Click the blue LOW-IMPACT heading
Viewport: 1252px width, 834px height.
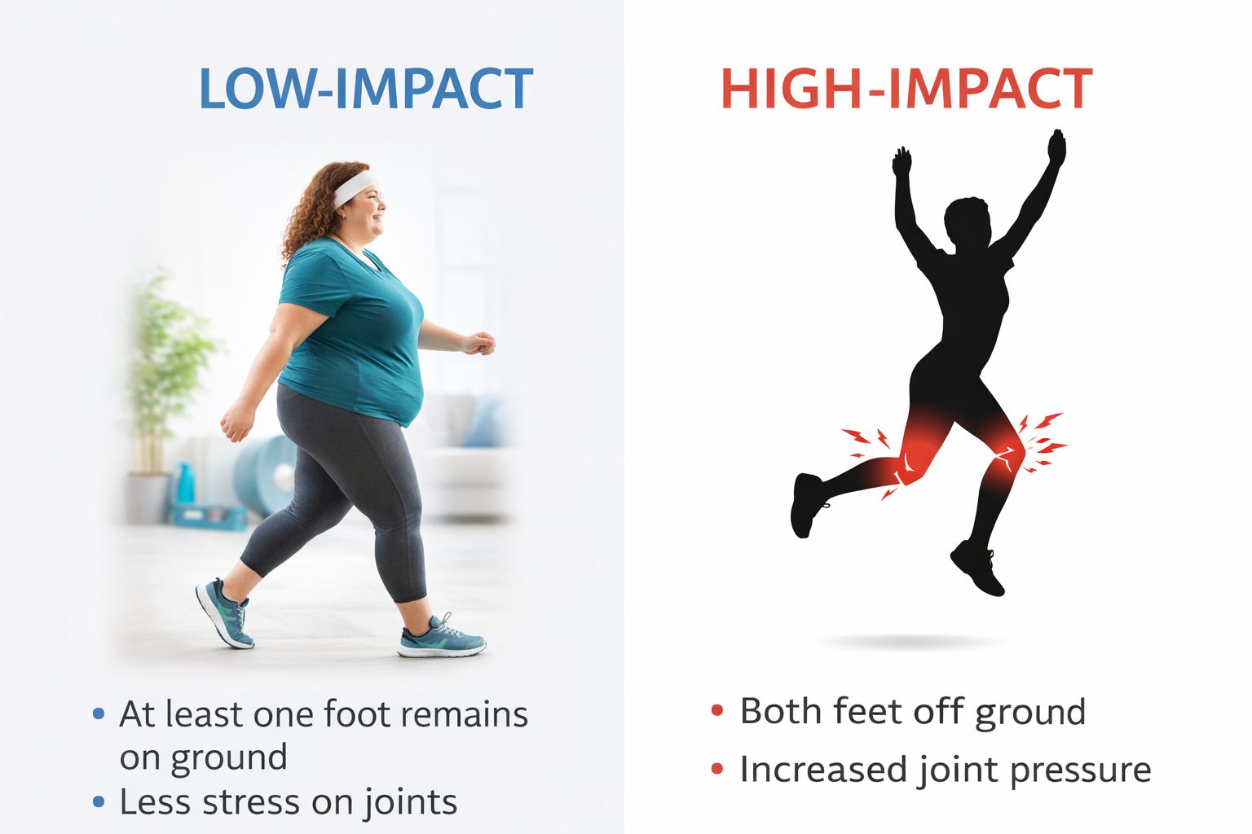(365, 89)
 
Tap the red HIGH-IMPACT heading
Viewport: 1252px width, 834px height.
(906, 89)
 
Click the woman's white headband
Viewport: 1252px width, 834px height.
(354, 188)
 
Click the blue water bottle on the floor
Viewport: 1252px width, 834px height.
(184, 485)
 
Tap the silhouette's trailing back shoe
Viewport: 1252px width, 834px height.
(806, 504)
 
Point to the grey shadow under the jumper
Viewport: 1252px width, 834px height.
(909, 643)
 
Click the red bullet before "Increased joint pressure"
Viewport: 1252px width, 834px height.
(717, 769)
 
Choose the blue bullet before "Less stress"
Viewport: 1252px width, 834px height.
(99, 801)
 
